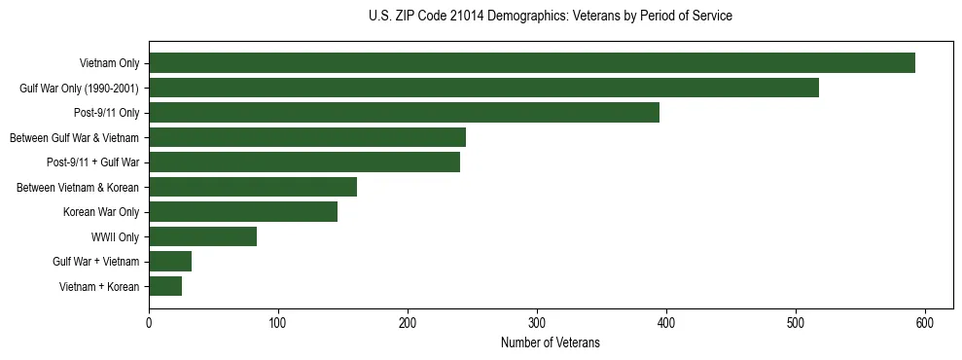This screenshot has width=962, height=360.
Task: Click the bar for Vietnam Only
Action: coord(532,63)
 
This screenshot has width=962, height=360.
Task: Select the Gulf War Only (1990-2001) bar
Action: coord(483,88)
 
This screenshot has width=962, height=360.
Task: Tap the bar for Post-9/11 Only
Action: coord(404,113)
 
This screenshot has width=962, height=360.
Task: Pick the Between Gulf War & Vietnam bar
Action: coord(307,137)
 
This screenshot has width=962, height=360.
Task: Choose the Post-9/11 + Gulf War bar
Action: coord(304,162)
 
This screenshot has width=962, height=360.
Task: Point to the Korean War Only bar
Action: coord(243,212)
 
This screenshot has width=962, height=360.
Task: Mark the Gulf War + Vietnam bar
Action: coord(170,261)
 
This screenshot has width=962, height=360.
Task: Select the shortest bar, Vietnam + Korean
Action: coord(165,286)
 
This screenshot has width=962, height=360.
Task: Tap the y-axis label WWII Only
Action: coord(115,236)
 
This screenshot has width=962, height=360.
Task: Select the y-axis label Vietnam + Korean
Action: coord(98,286)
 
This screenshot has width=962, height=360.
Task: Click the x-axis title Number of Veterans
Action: coord(550,342)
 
